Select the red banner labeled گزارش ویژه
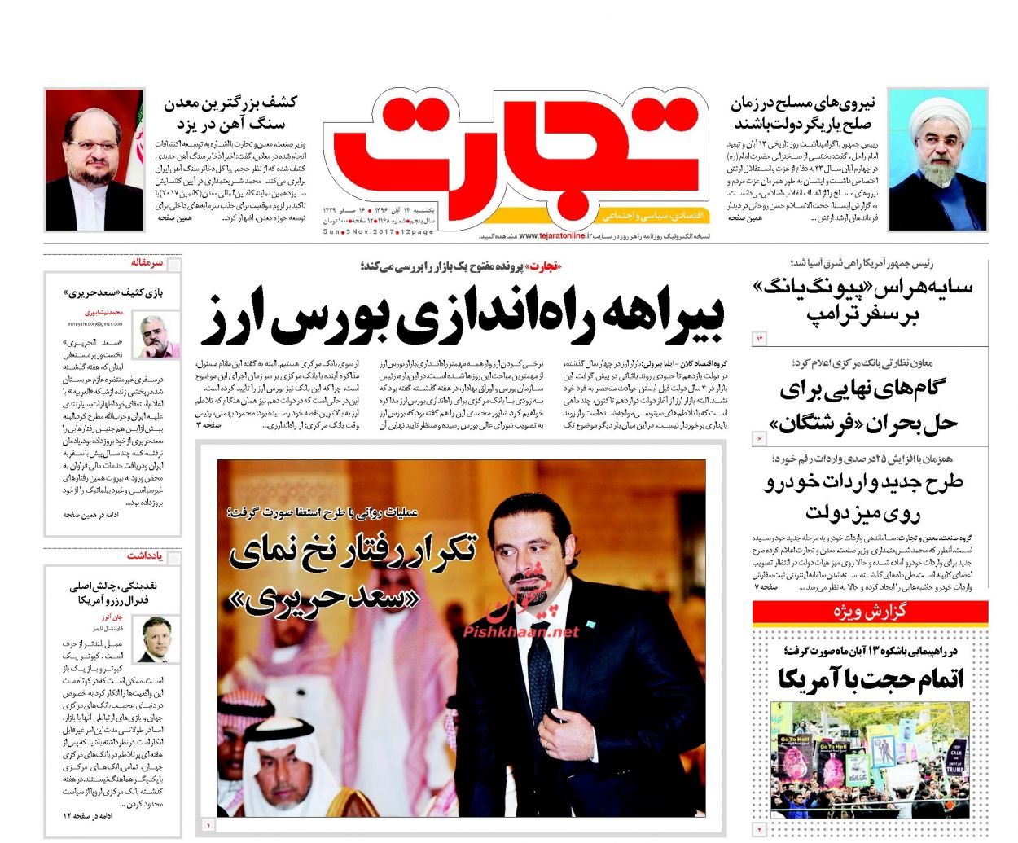(x=870, y=612)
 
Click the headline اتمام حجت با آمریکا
(x=870, y=678)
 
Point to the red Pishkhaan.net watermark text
(x=521, y=631)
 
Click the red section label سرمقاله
(x=147, y=263)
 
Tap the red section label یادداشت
(x=145, y=555)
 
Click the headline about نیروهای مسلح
(x=803, y=113)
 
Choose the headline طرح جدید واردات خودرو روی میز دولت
(x=863, y=496)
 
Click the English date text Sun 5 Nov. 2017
(x=359, y=232)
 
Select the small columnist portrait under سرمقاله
(x=160, y=336)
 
